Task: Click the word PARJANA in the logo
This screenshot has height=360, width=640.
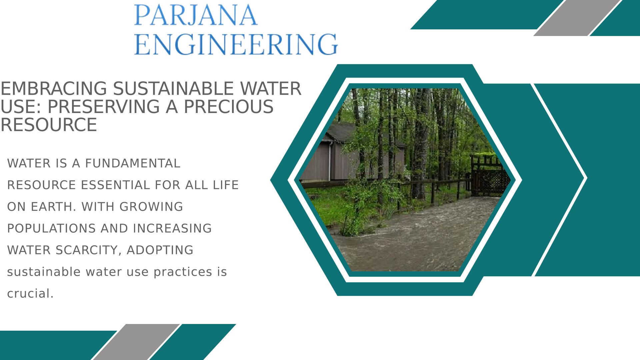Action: click(196, 15)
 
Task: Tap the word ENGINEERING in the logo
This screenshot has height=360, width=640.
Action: click(236, 44)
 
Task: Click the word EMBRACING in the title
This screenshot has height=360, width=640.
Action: click(54, 89)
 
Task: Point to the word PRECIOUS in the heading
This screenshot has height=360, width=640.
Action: click(228, 107)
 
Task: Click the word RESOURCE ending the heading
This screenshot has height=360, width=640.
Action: click(49, 125)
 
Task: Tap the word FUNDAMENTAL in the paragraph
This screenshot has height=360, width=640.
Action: click(133, 163)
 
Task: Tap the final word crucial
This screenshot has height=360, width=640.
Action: click(30, 294)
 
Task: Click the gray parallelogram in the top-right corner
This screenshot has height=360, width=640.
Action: click(578, 18)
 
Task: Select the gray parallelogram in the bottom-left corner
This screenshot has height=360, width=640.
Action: click(136, 342)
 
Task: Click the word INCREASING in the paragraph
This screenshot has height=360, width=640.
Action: click(172, 228)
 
